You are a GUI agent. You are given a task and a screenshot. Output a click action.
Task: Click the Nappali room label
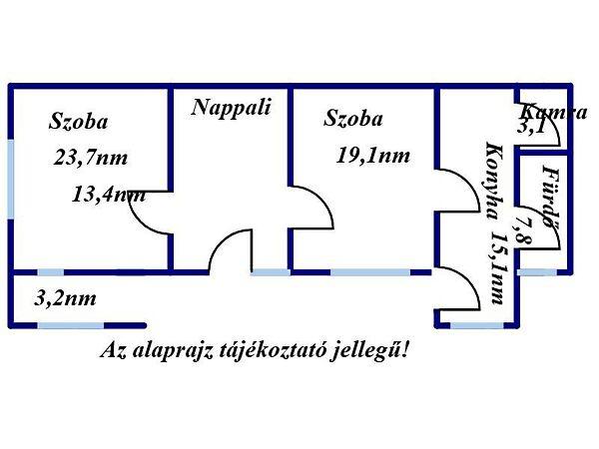232,108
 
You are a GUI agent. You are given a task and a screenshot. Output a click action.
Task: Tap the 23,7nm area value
92,158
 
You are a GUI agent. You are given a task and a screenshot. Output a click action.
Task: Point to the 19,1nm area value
372,155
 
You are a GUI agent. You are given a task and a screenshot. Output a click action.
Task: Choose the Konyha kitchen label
491,183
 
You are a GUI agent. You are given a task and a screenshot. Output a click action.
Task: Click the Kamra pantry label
552,112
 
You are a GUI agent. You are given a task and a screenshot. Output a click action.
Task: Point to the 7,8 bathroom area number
523,230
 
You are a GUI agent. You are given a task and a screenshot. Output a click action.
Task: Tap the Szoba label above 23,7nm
79,123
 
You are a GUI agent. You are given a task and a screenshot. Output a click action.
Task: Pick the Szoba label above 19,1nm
352,120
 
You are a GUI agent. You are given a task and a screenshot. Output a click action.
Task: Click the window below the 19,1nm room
369,270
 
